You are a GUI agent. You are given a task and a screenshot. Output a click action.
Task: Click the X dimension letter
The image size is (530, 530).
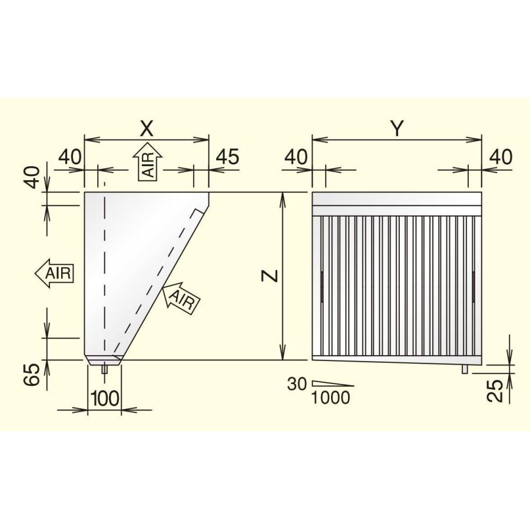pyautogui.click(x=147, y=128)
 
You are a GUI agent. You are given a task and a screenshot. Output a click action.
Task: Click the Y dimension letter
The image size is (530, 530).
pyautogui.click(x=397, y=128)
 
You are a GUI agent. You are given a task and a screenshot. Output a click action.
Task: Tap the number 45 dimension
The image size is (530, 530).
pyautogui.click(x=227, y=156)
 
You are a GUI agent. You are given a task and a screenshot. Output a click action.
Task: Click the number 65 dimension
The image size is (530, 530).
pyautogui.click(x=32, y=375)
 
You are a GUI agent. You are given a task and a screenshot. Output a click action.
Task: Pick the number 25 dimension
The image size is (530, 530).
pyautogui.click(x=495, y=391)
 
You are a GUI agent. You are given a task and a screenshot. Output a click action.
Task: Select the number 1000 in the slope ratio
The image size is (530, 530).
pyautogui.click(x=330, y=398)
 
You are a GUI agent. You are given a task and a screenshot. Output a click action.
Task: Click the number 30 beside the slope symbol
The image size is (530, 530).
pyautogui.click(x=297, y=384)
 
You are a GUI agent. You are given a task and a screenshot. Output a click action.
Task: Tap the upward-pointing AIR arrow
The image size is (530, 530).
pyautogui.click(x=148, y=160)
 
